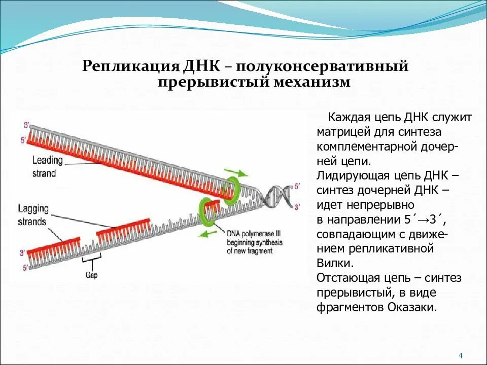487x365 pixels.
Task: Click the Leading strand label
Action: pyautogui.click(x=47, y=166)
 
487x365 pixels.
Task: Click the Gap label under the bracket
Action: pyautogui.click(x=91, y=275)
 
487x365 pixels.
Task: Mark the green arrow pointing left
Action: pyautogui.click(x=205, y=234)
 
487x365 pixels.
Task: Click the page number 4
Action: pyautogui.click(x=461, y=355)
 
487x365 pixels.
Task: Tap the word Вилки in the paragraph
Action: pyautogui.click(x=333, y=264)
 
